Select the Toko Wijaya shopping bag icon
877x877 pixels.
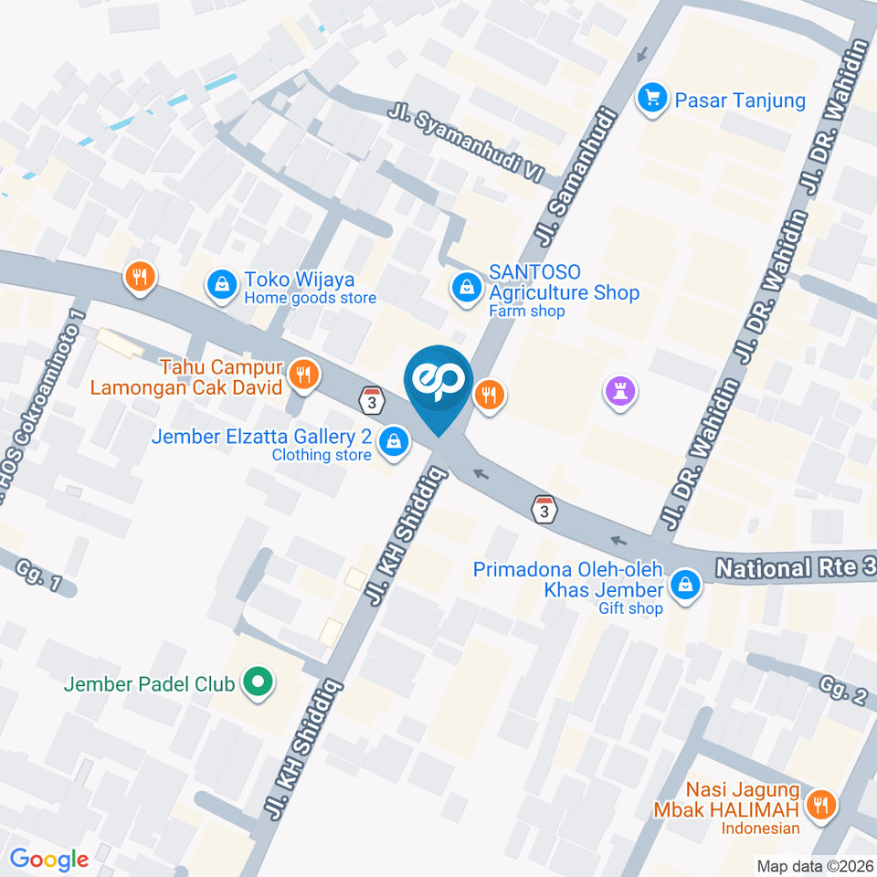[x=222, y=284]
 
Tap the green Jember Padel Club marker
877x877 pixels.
[x=257, y=682]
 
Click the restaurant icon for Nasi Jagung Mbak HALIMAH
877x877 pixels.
[x=822, y=804]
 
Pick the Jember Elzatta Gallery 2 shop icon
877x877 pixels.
[x=393, y=440]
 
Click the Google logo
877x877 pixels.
[x=48, y=859]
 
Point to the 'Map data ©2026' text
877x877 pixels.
[x=815, y=866]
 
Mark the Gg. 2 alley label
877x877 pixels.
[x=842, y=692]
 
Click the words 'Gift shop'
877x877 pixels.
[x=630, y=608]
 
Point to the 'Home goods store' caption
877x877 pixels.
[x=310, y=298]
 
